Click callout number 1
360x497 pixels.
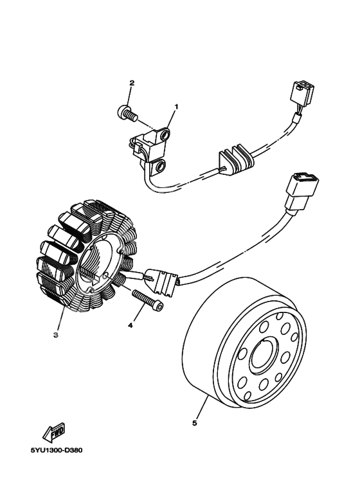click(x=177, y=107)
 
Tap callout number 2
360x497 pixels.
click(x=132, y=83)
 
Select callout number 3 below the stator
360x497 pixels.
click(x=56, y=335)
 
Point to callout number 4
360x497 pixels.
click(x=130, y=325)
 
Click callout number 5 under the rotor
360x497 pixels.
click(x=195, y=423)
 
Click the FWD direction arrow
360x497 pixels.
click(x=54, y=433)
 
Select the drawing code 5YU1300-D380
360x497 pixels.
click(x=57, y=451)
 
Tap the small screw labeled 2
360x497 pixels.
click(x=127, y=113)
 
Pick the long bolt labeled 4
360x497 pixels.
click(x=148, y=300)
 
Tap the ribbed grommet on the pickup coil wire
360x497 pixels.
click(x=236, y=158)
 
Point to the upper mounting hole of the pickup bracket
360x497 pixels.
click(x=165, y=136)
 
